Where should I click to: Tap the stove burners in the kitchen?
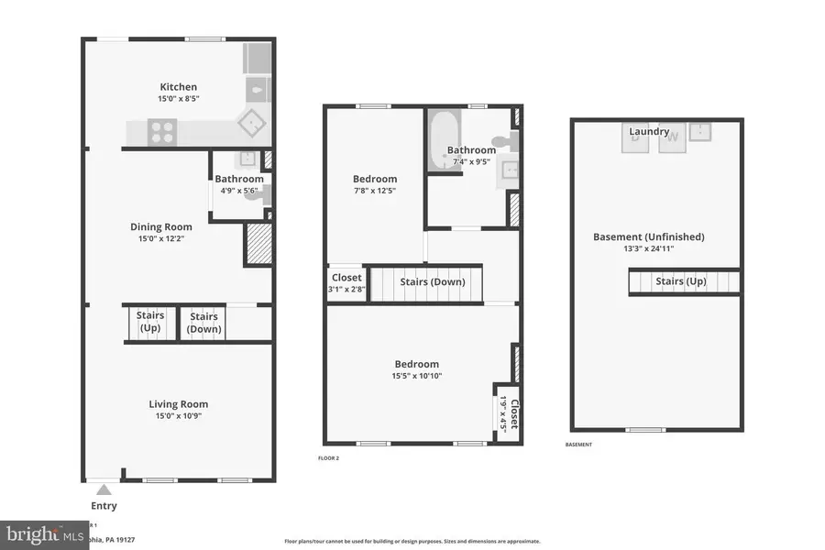pos(162,133)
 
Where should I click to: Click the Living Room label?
pos(179,404)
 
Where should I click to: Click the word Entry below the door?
pos(104,506)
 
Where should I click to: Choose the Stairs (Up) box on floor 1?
pos(150,322)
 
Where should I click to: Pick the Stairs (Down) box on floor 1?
pos(203,322)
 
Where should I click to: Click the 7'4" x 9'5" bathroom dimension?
pos(472,162)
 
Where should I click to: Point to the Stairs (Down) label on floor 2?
pos(432,281)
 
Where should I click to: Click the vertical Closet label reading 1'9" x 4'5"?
pos(508,413)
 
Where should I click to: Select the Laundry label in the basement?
pos(648,132)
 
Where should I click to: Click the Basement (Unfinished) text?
pos(648,236)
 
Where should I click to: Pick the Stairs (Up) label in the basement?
pos(680,281)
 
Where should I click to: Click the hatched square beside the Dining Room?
pos(258,245)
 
